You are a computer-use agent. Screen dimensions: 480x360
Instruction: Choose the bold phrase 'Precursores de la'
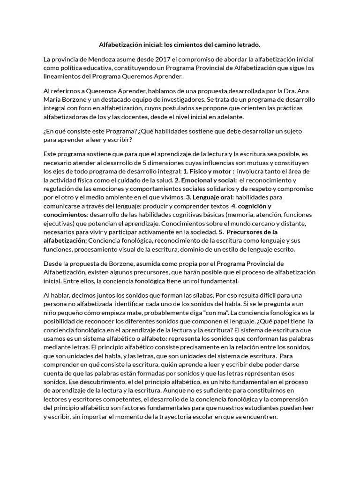tap(252, 232)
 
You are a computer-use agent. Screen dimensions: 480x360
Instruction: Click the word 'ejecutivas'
tap(59, 223)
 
